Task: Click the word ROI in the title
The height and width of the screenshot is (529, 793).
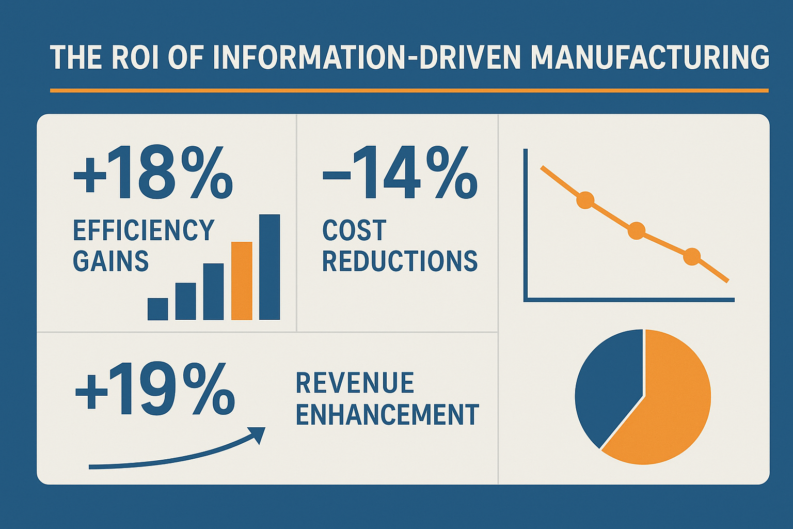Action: click(133, 57)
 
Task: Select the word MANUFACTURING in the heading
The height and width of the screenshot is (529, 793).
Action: click(649, 57)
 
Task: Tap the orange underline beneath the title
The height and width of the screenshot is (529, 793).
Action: click(409, 90)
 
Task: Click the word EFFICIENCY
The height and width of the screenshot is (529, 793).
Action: click(144, 230)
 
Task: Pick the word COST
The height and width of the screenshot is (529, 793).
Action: click(354, 230)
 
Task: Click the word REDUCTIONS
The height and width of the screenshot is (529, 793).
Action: click(400, 261)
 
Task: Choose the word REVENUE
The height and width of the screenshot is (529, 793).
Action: click(355, 383)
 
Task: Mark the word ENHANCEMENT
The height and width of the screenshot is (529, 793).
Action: click(388, 414)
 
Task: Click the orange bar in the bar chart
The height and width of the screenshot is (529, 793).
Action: click(242, 281)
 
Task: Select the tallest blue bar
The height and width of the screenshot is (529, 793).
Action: click(269, 267)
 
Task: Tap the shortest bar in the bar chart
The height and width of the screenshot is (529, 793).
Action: click(157, 309)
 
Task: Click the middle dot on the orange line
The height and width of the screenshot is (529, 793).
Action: click(637, 230)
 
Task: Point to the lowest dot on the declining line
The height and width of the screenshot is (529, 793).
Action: click(692, 256)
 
